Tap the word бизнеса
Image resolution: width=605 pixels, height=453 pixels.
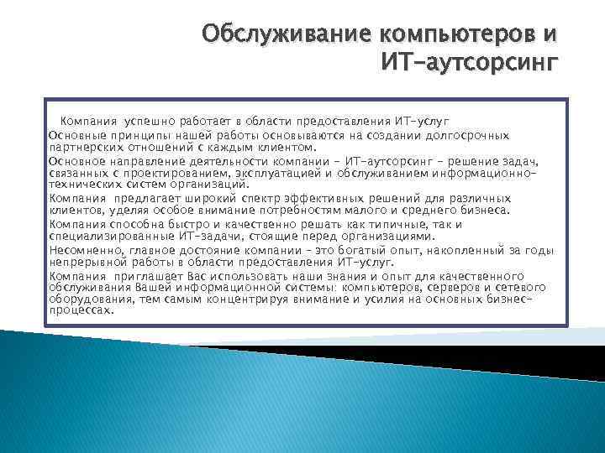coord(482,211)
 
